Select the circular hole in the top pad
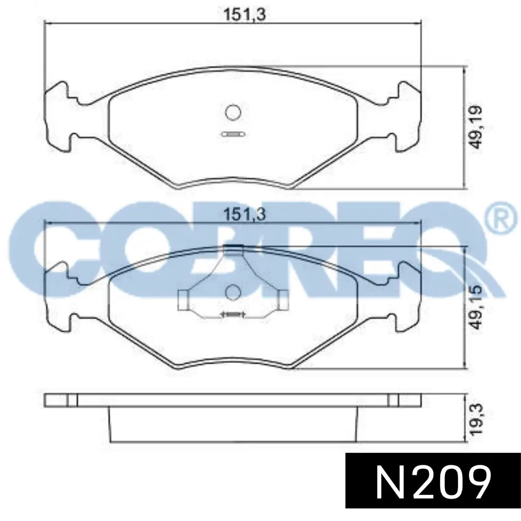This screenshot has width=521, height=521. point(233,112)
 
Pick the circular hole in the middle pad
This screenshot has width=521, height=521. point(233,292)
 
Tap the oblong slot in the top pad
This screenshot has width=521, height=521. point(233,134)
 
